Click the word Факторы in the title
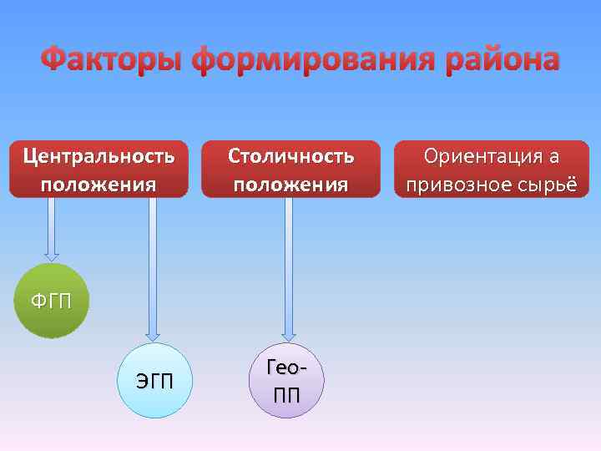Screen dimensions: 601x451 click(x=113, y=60)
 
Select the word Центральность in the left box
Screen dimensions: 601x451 click(x=98, y=155)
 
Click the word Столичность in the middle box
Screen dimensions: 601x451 click(x=290, y=155)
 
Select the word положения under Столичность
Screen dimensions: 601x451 click(x=290, y=183)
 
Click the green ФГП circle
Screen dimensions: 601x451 click(x=51, y=301)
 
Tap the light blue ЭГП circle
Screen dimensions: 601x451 click(x=154, y=381)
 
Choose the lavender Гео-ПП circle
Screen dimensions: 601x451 click(x=285, y=380)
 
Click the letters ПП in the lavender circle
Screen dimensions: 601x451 click(x=286, y=394)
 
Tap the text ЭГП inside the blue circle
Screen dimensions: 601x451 click(x=154, y=383)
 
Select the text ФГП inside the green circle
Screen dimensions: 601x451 click(x=51, y=301)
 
